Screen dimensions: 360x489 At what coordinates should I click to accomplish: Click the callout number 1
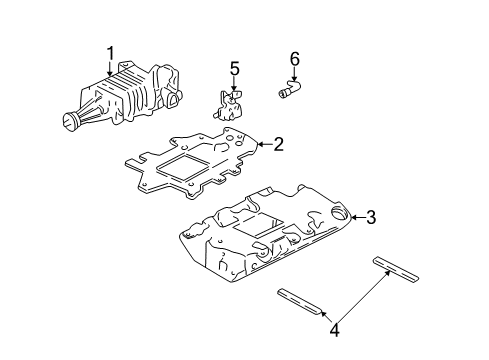[111, 52]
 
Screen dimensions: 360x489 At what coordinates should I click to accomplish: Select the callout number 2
[278, 144]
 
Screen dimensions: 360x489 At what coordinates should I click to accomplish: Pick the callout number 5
[235, 70]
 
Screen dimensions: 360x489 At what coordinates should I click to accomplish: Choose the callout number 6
[294, 60]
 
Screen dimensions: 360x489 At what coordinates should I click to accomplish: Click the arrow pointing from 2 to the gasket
[262, 145]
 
